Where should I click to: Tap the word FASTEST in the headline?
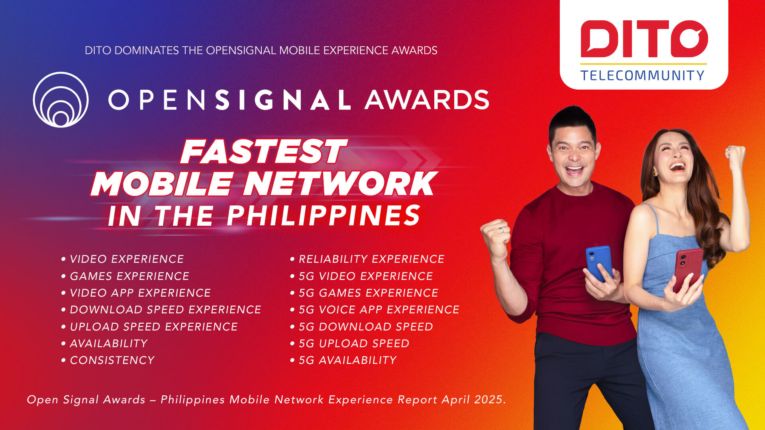pos(263,151)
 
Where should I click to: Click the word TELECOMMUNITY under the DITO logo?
pos(642,75)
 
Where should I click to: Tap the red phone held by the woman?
pos(688,269)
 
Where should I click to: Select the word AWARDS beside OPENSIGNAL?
pos(427,100)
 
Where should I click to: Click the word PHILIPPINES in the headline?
pos(324,215)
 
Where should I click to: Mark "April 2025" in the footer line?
pos(474,399)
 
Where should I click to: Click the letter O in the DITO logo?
pos(689,39)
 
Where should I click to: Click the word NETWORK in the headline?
pos(338,183)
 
